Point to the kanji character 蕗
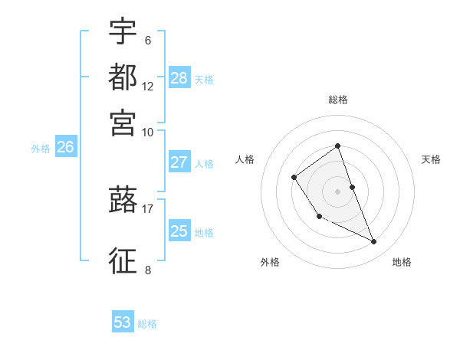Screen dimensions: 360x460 pyautogui.click(x=123, y=201)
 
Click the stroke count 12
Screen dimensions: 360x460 pyautogui.click(x=148, y=86)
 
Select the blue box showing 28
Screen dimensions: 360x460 pyautogui.click(x=179, y=77)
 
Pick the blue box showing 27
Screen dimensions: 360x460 pyautogui.click(x=179, y=162)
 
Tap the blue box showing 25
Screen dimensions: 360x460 pyautogui.click(x=179, y=231)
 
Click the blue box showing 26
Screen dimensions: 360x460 pyautogui.click(x=65, y=148)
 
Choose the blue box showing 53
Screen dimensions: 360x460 pyautogui.click(x=123, y=322)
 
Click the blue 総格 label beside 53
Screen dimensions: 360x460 pyautogui.click(x=147, y=324)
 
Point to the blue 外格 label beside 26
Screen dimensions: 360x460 pyautogui.click(x=41, y=149)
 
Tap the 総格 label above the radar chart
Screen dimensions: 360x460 pyautogui.click(x=338, y=100)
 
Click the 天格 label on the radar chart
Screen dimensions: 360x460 pyautogui.click(x=432, y=159)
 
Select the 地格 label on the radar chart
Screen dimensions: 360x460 pyautogui.click(x=402, y=262)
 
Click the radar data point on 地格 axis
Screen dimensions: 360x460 pyautogui.click(x=374, y=242)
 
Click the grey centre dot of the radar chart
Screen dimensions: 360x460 pyautogui.click(x=338, y=191)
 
